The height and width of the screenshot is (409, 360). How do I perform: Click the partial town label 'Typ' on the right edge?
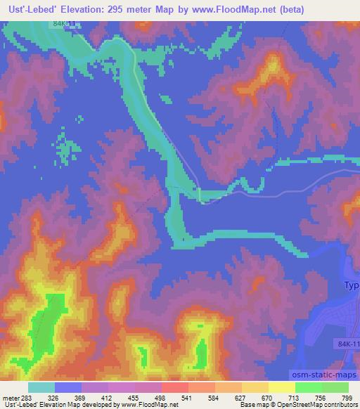pos(351,286)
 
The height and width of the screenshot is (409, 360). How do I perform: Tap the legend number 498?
pos(173,397)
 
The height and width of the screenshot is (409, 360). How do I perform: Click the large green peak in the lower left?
pos(46,323)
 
